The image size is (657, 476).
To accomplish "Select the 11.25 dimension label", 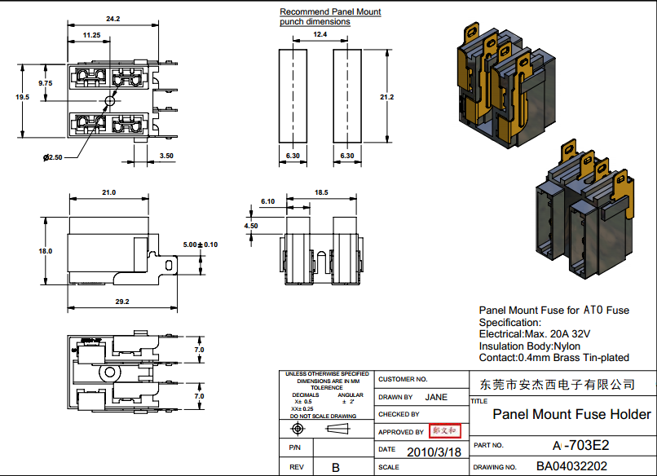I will (91, 36).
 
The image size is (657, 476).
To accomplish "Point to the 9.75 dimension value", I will (46, 83).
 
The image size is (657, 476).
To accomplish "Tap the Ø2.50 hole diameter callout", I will (53, 156).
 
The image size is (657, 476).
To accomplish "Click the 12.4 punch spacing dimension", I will (319, 35).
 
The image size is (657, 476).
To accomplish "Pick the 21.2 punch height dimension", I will (386, 97).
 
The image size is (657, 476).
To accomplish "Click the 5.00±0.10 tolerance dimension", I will (201, 245).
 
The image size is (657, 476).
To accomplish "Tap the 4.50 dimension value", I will (251, 226).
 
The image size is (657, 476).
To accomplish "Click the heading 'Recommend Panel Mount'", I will (330, 12).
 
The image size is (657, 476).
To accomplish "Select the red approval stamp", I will (446, 430).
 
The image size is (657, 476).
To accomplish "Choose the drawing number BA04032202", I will (571, 467).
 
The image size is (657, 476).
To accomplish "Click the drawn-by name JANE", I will (436, 398).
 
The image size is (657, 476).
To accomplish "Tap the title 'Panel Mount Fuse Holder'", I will (572, 414).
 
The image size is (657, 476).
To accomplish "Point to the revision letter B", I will (335, 468).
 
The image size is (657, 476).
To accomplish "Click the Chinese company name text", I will (558, 383).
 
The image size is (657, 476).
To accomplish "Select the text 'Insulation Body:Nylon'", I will (534, 346).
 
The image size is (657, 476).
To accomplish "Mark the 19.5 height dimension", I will (22, 97).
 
